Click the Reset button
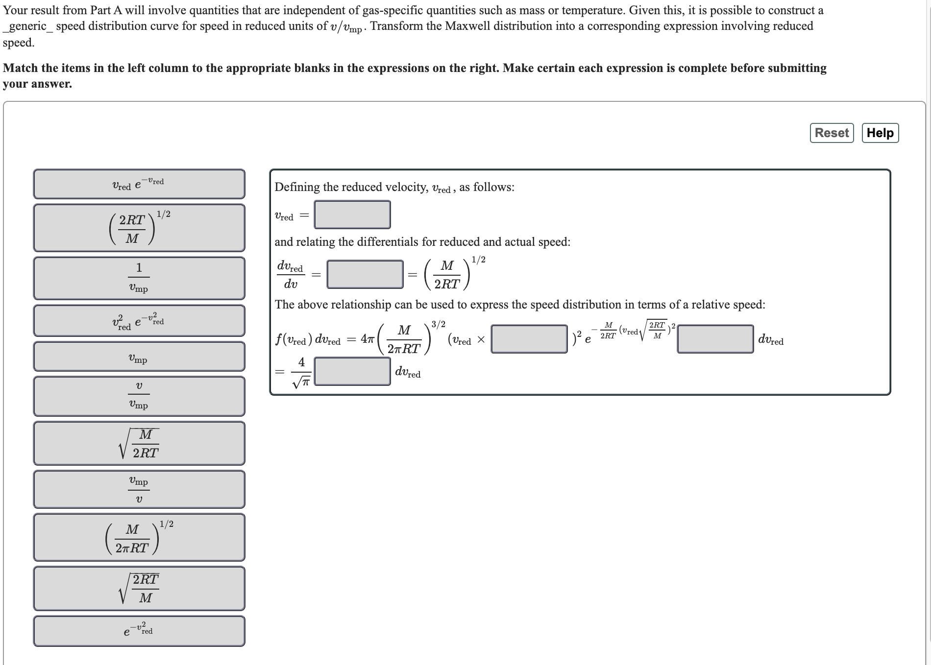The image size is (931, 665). pos(832,133)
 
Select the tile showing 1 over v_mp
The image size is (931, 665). pos(139,278)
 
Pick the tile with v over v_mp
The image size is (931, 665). pos(139,396)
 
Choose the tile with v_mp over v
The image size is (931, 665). pos(139,489)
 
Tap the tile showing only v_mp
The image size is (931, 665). pos(139,356)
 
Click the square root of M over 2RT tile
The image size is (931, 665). pos(139,443)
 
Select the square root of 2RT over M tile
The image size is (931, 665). pos(139,588)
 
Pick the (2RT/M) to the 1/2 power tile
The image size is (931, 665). pos(139,228)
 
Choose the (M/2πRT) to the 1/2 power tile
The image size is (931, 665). pos(139,537)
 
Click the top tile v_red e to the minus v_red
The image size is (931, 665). pos(139,184)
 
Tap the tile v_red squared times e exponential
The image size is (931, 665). pos(139,321)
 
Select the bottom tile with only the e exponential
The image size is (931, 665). pos(139,631)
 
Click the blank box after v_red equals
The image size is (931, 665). pos(352,214)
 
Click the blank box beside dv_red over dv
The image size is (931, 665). pos(365,274)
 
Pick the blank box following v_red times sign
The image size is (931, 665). pos(529,339)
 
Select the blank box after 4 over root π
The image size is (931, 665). pos(352,371)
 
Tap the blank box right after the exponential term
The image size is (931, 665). pos(715,339)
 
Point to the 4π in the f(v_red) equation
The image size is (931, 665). pos(367,339)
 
